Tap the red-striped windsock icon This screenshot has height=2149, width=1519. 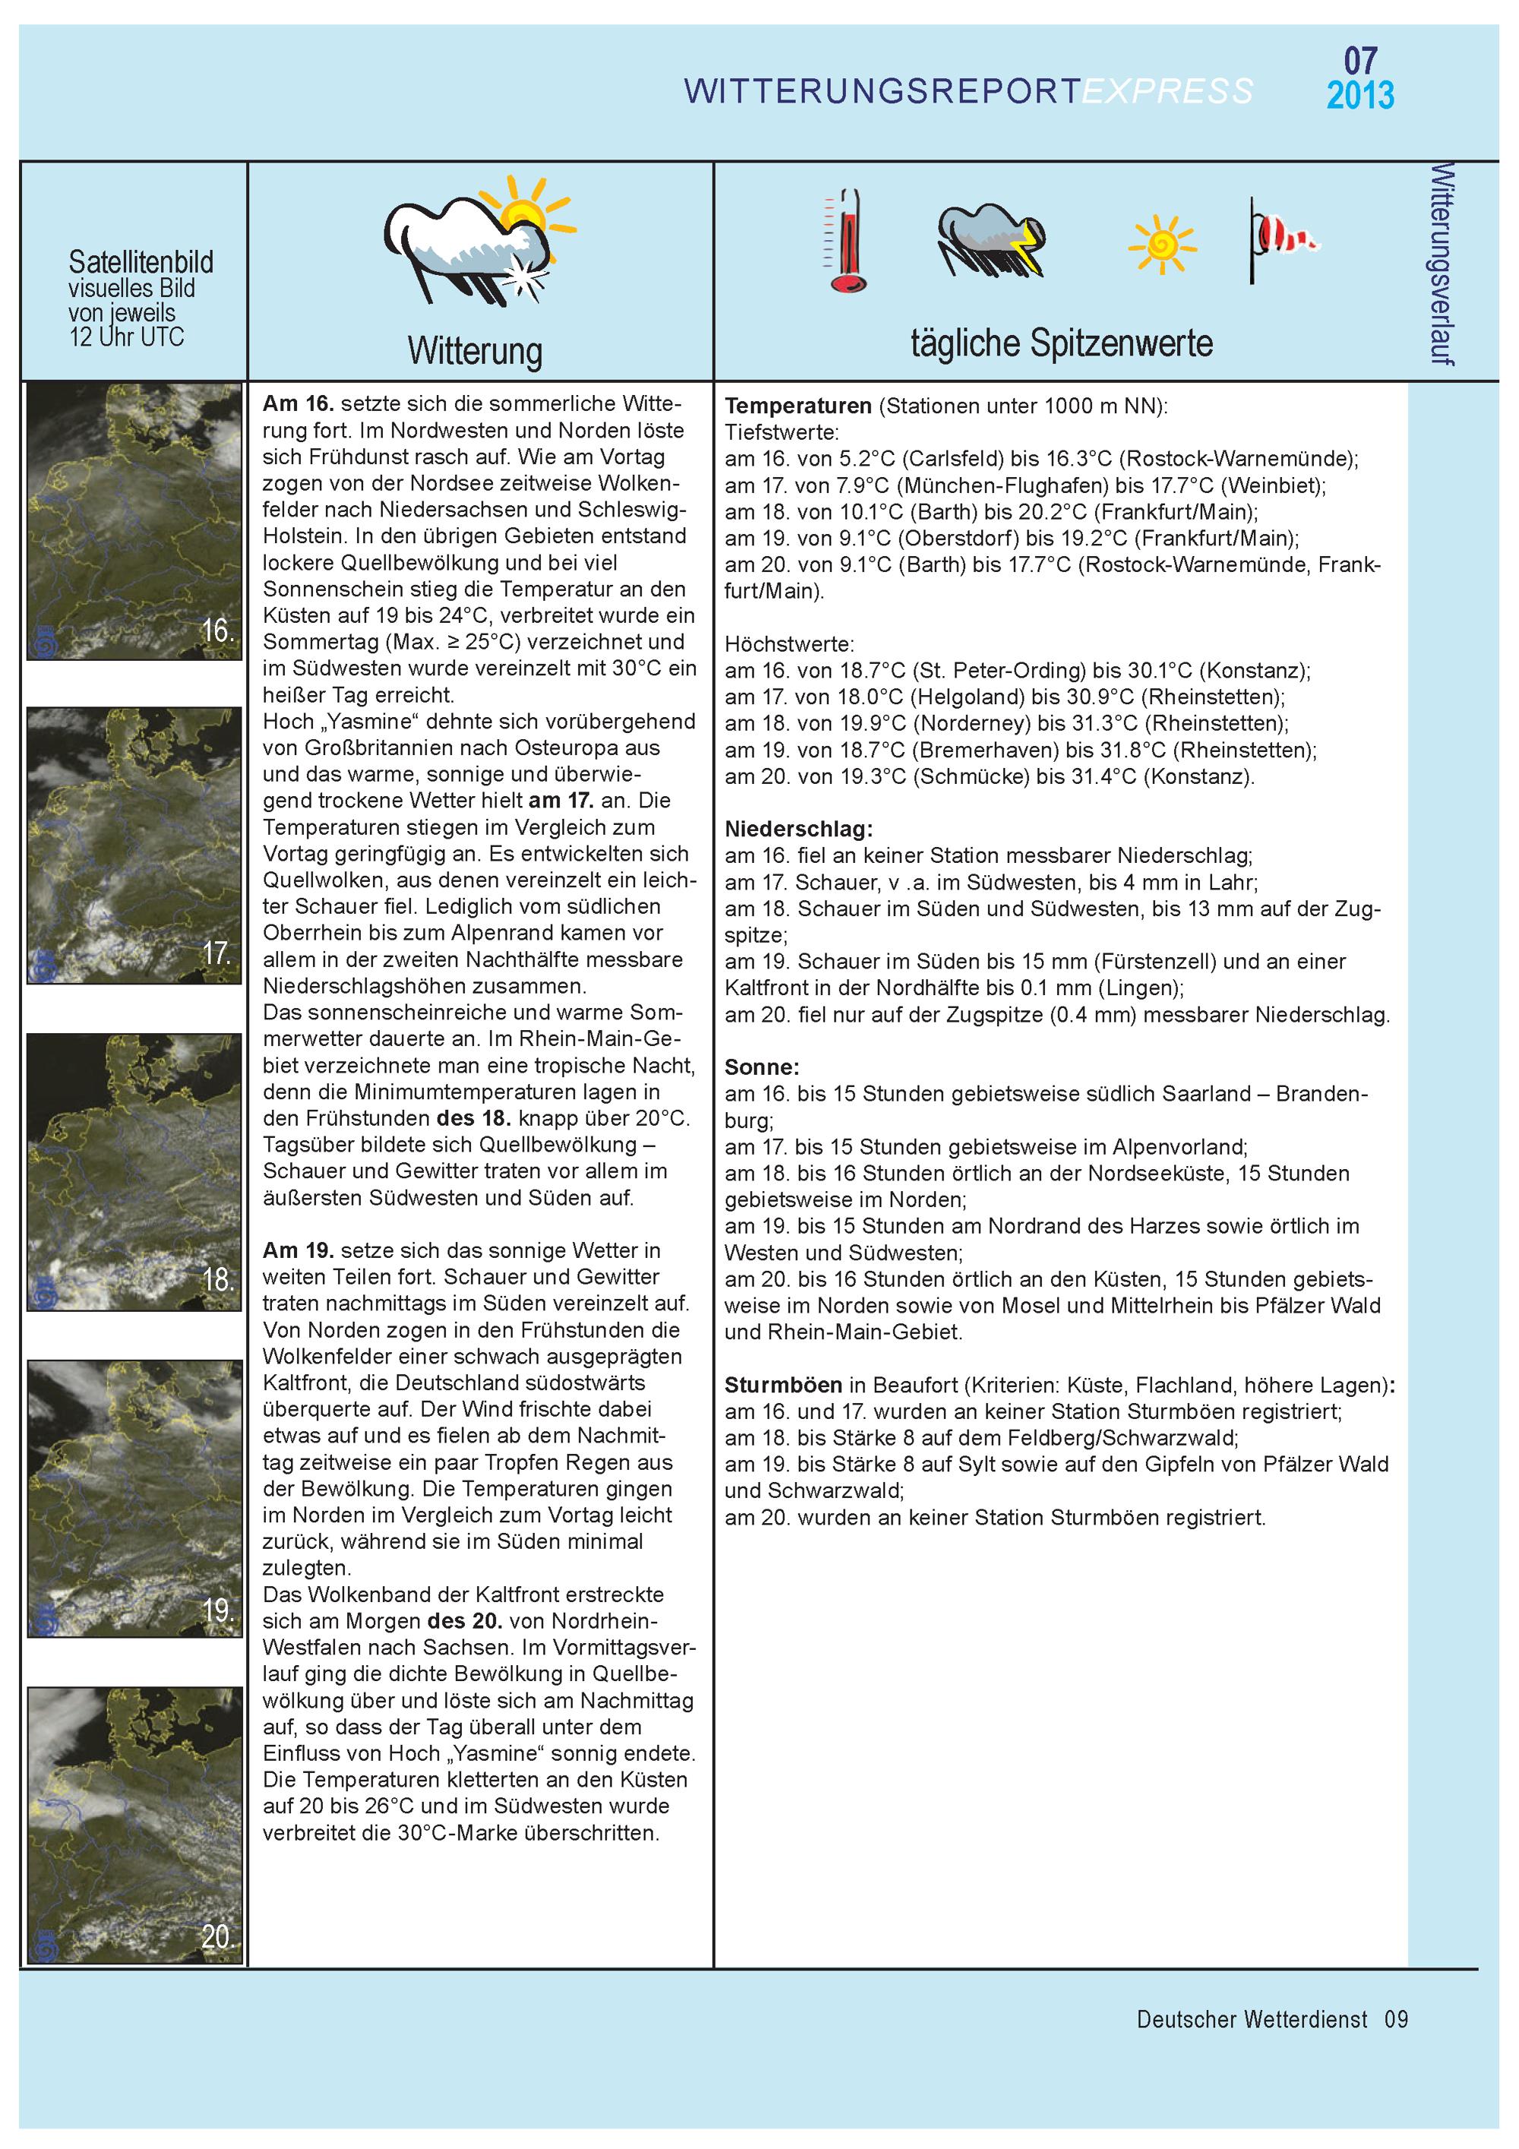click(1282, 239)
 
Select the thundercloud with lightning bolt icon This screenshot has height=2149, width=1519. click(991, 241)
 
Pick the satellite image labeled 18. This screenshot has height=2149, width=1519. click(134, 1173)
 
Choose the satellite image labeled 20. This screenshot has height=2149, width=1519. click(134, 1825)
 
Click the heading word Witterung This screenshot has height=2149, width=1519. click(475, 352)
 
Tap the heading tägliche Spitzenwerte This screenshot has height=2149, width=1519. click(1061, 343)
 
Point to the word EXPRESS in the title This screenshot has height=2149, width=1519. click(1167, 91)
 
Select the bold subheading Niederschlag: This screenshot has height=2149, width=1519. click(798, 830)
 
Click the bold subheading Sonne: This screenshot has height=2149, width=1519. click(762, 1067)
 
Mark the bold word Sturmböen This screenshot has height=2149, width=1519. click(782, 1386)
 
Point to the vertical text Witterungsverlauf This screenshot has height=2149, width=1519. click(1442, 264)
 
